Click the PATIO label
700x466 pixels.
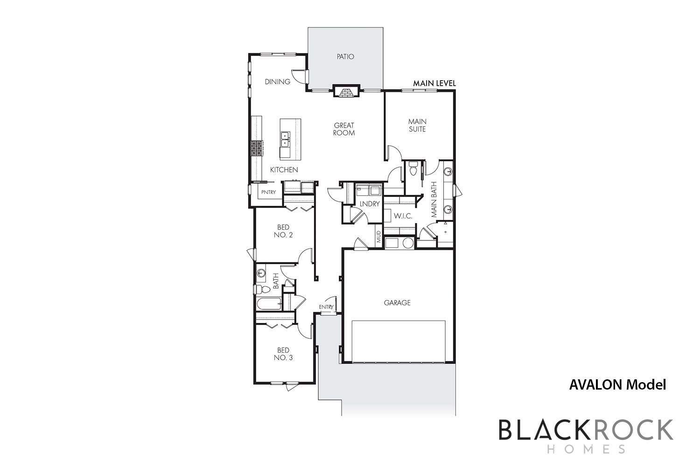pos(345,56)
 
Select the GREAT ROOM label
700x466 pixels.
pos(344,129)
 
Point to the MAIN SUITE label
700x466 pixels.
pos(417,125)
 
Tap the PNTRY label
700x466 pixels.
pos(268,192)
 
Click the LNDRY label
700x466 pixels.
pos(370,204)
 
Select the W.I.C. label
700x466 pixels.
pos(403,216)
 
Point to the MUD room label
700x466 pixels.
pos(379,237)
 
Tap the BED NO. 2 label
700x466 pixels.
pos(283,231)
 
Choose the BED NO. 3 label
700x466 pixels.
pos(283,354)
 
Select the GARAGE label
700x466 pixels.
pos(397,303)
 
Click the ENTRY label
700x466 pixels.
pos(326,307)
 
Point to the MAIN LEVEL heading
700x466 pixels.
pos(434,83)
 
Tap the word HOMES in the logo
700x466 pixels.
pos(586,449)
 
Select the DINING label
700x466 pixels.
pos(278,82)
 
